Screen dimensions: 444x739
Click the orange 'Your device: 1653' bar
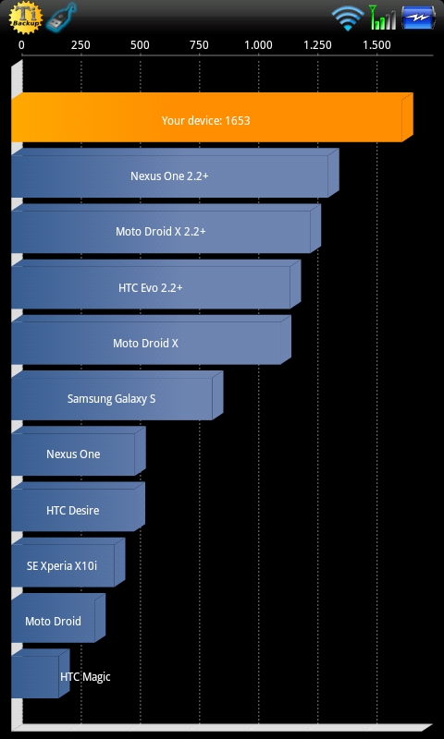pos(212,117)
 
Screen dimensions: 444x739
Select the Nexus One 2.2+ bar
pos(175,173)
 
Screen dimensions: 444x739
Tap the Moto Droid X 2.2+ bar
pos(166,228)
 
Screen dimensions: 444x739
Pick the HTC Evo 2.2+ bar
pos(155,285)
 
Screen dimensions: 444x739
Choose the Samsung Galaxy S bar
pos(117,395)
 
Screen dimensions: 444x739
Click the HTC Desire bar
pos(78,506)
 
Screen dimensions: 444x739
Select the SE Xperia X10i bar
pos(68,563)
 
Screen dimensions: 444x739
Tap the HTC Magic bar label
pos(85,677)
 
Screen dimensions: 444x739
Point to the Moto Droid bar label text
pos(54,621)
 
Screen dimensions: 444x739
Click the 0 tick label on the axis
pos(21,45)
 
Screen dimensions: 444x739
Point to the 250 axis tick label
pos(80,45)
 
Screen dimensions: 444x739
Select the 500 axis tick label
pos(140,45)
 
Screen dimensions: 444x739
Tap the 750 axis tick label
pos(199,45)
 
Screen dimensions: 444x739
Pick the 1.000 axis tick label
pos(259,45)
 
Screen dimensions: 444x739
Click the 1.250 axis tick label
pos(317,45)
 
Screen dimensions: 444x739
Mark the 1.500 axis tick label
pos(377,45)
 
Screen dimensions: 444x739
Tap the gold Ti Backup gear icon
pos(26,18)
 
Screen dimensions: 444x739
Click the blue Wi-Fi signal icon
pos(348,18)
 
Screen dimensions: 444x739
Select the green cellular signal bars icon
pos(383,17)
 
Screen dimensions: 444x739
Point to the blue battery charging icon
pos(418,18)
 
